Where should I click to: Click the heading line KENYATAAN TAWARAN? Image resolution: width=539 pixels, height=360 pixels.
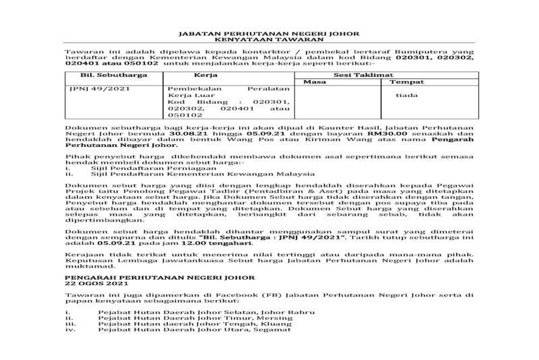268,40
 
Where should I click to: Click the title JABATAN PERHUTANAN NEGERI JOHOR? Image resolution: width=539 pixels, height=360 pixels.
268,33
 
